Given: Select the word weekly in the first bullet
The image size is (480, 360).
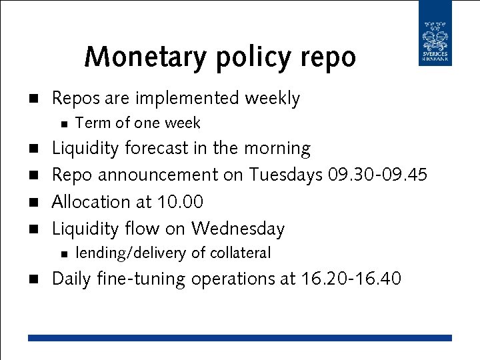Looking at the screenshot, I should tap(272, 99).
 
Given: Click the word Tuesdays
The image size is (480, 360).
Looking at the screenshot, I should tap(286, 175).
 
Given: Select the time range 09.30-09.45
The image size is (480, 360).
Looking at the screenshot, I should tap(378, 175).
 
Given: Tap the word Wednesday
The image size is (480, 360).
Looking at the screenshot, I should tap(238, 229).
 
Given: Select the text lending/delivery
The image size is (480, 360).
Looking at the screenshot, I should tap(131, 253).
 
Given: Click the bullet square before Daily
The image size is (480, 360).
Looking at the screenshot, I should tap(31, 279).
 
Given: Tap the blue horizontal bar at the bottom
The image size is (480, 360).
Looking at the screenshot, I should tap(240, 338).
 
